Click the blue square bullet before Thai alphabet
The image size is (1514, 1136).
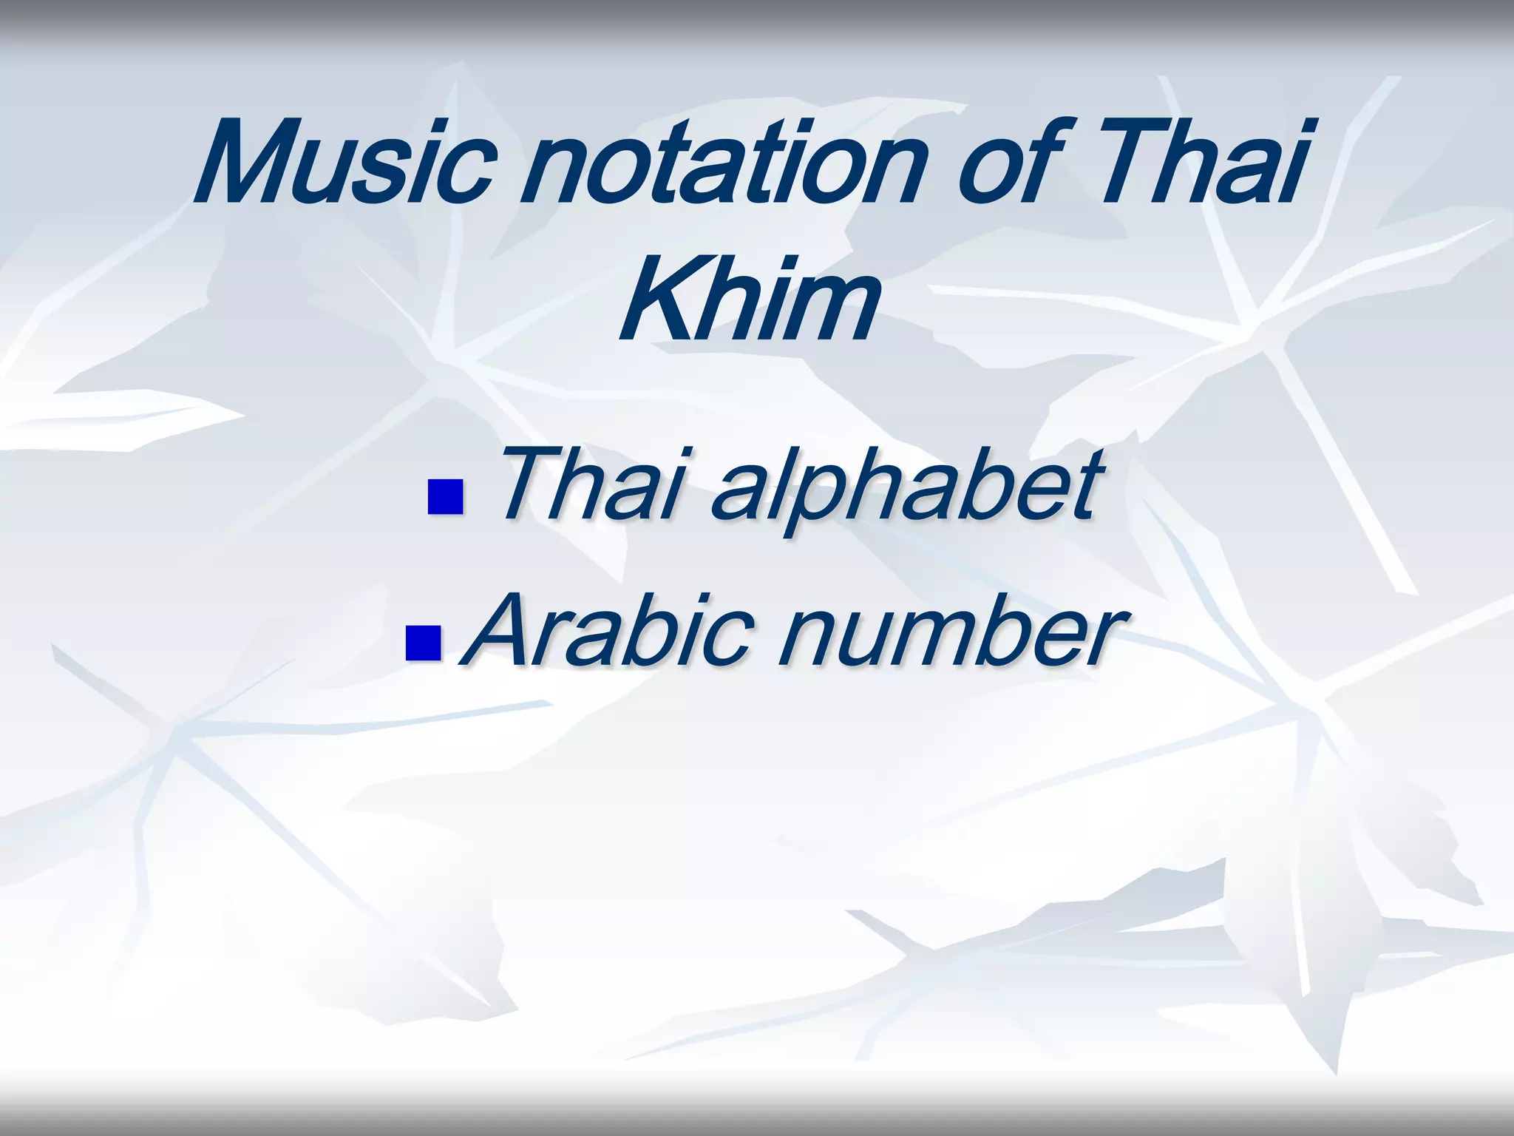pos(445,497)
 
